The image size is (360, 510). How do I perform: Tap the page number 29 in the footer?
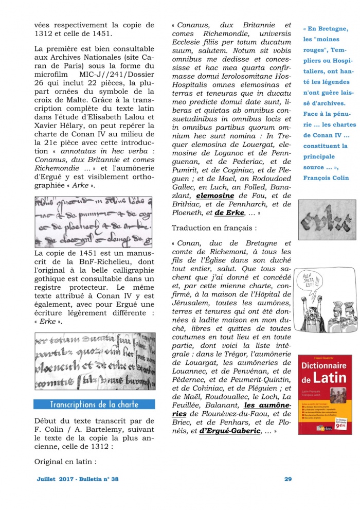288,479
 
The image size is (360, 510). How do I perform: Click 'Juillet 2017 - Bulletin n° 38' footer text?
78,479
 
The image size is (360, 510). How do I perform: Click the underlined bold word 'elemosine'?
215,196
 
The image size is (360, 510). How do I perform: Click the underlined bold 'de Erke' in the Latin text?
229,213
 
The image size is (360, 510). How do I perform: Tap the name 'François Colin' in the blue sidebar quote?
326,178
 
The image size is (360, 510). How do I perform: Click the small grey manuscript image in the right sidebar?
324,220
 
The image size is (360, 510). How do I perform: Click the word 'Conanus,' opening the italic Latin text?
192,25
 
